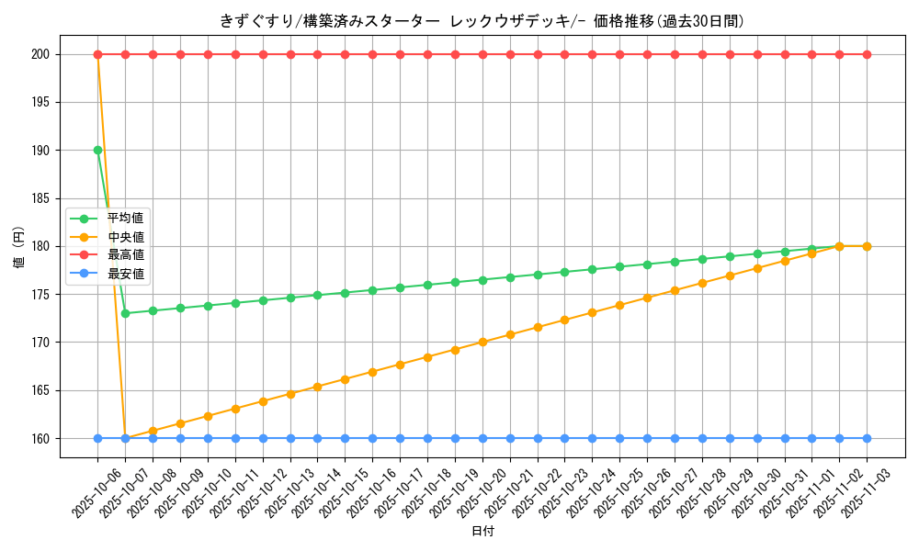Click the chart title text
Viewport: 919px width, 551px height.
click(482, 20)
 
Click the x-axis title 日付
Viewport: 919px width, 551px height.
click(482, 532)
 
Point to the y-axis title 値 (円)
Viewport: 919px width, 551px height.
click(18, 247)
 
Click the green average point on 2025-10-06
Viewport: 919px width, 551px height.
click(97, 150)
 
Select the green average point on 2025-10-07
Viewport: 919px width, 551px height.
click(125, 313)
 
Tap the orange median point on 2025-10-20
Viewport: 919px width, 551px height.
click(482, 342)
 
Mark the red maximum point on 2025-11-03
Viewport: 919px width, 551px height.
click(867, 54)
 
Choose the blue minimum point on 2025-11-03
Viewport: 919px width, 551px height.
click(867, 438)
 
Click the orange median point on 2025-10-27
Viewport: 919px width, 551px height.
click(675, 290)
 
